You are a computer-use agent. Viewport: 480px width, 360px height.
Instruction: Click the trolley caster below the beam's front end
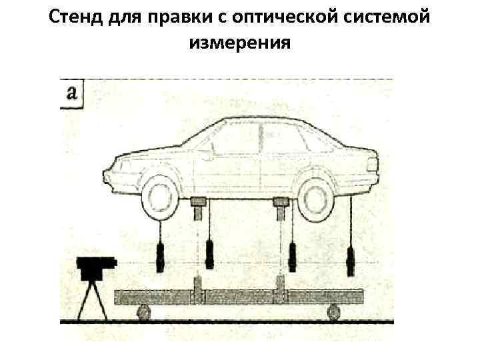coord(142,311)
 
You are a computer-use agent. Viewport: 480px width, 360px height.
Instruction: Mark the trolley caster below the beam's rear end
coord(333,311)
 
